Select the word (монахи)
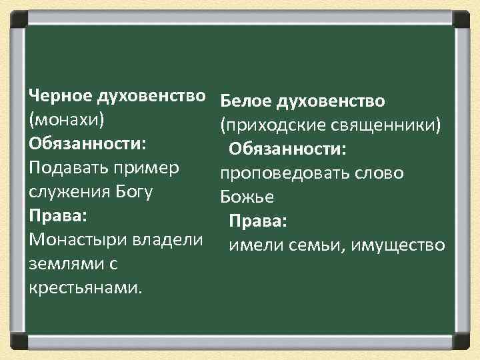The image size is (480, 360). click(x=66, y=120)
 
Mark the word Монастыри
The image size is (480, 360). click(x=75, y=240)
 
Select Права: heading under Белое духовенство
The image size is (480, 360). click(x=257, y=221)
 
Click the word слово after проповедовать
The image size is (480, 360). click(x=381, y=173)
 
